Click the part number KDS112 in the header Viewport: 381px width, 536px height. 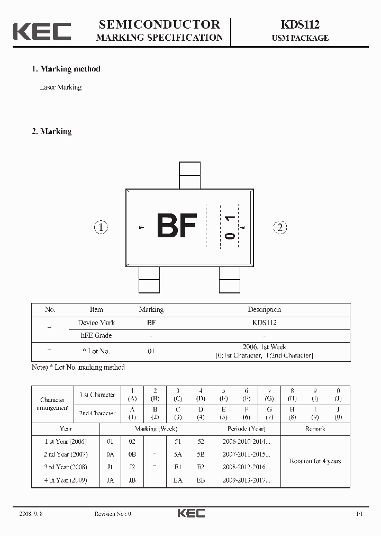(300, 24)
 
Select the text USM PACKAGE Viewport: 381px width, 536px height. (300, 38)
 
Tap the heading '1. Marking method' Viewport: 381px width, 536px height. (66, 69)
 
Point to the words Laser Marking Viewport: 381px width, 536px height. (61, 87)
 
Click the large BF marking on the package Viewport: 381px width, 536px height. (177, 227)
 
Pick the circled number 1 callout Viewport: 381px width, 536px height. (101, 228)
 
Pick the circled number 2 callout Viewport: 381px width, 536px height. (280, 228)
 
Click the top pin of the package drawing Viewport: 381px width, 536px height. (190, 175)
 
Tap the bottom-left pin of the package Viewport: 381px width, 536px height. (149, 280)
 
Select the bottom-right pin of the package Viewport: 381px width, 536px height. (230, 280)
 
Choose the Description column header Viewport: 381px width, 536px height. (264, 310)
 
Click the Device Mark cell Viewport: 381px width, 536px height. (96, 323)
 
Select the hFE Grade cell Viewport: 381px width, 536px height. (96, 335)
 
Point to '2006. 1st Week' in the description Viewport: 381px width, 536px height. (264, 347)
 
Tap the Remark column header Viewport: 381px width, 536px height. (315, 428)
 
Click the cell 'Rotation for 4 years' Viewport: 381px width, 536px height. (315, 461)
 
